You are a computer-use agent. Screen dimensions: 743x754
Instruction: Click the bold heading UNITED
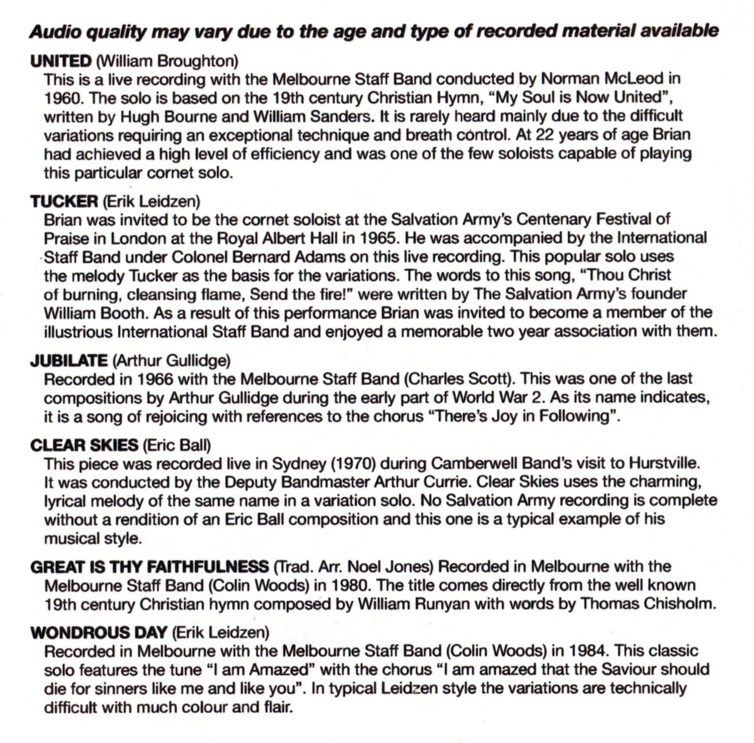61,61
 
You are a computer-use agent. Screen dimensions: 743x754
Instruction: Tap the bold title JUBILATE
69,360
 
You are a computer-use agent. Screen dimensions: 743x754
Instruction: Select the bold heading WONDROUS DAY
98,632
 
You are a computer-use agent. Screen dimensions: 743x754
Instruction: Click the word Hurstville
664,463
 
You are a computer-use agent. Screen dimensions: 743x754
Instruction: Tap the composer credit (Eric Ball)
176,445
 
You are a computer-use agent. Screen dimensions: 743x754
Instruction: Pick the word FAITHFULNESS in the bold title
208,567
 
